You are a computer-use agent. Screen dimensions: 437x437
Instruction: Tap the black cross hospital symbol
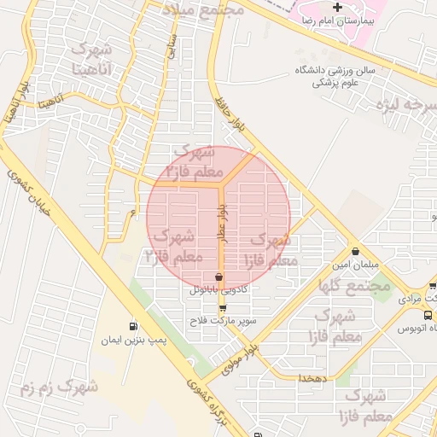click(338, 7)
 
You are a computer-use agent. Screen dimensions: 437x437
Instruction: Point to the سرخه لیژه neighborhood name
click(403, 105)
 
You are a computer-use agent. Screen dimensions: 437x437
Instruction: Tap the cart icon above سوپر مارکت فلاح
click(223, 309)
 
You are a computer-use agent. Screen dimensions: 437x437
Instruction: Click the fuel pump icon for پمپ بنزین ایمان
click(132, 326)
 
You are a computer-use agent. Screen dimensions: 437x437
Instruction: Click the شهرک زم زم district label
click(59, 389)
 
